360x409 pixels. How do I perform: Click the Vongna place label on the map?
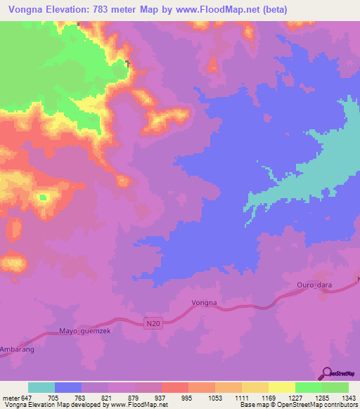[x=205, y=303]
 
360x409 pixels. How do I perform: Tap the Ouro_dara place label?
[x=309, y=286]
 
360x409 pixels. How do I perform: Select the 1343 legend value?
[x=349, y=397]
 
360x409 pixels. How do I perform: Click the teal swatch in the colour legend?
[x=41, y=387]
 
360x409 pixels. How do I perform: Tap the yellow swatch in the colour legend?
[x=281, y=387]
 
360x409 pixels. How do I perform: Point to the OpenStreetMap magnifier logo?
[x=326, y=373]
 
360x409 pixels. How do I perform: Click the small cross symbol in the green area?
[x=127, y=64]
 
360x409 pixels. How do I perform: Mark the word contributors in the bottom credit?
[x=338, y=405]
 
